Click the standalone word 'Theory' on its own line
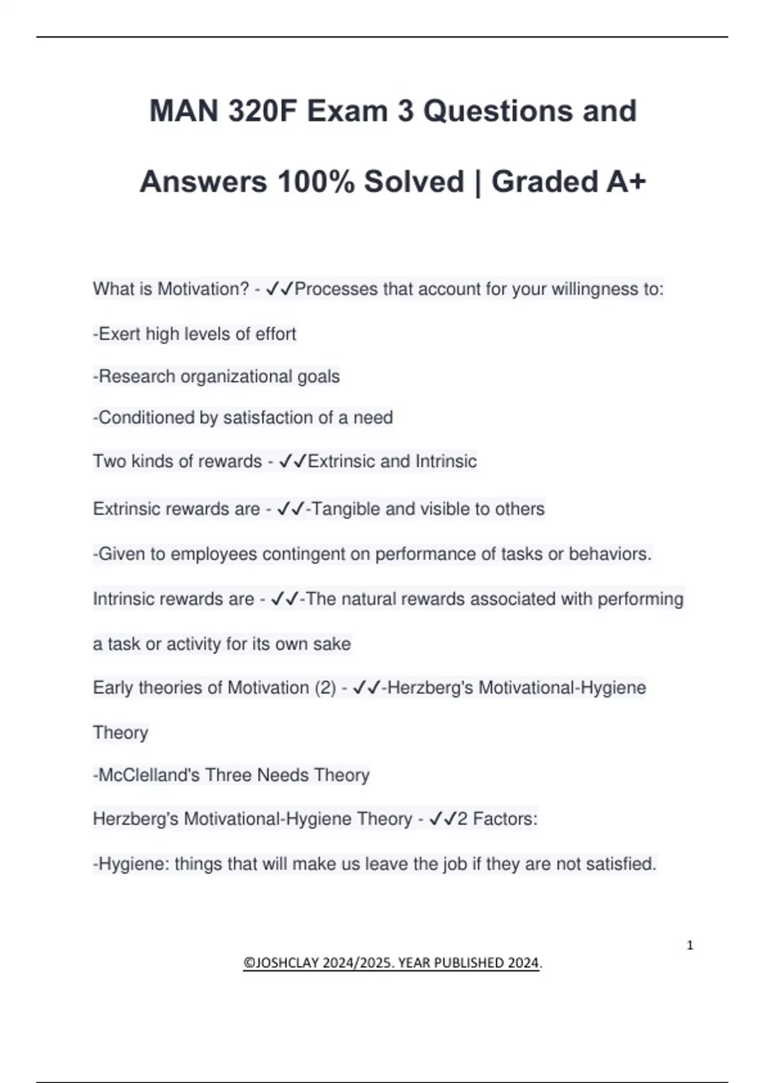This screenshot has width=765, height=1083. [120, 733]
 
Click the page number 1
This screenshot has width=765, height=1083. [690, 945]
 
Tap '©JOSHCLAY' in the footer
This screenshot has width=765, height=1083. [280, 963]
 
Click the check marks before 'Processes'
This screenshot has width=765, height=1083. [279, 289]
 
